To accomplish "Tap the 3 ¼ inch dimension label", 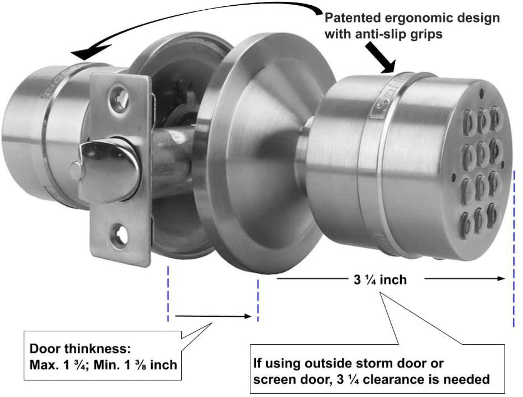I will click(380, 280).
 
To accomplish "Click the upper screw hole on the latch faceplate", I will click(120, 95).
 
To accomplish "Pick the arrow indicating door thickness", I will click(213, 316).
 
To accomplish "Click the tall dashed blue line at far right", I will click(514, 250).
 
